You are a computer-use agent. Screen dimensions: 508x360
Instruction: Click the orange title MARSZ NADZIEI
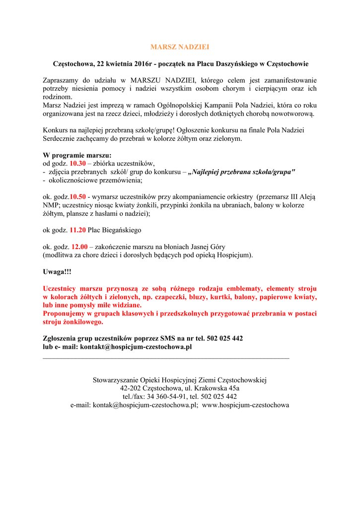point(180,47)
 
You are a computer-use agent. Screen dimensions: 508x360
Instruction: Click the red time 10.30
point(78,163)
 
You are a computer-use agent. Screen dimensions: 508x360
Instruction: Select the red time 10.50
point(77,197)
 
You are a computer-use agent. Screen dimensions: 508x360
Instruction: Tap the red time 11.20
point(77,230)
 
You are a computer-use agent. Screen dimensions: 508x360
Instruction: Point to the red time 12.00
point(79,247)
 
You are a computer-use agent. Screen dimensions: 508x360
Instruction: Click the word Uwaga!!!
point(57,272)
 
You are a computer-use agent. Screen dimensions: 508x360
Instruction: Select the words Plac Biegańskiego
point(115,230)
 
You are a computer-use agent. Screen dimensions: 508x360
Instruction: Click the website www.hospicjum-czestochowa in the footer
point(245,405)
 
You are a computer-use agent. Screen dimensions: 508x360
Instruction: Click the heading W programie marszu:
point(77,155)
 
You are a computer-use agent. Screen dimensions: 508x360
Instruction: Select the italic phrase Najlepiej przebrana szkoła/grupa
point(243,172)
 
